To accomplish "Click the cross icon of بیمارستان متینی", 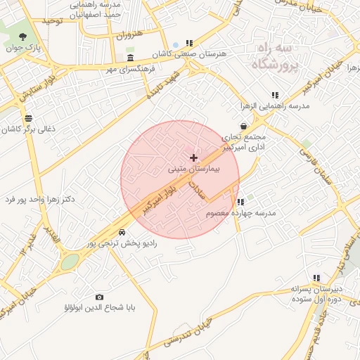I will [x=194, y=157].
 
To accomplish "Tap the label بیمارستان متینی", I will [x=194, y=169].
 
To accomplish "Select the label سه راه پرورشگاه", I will [x=274, y=57].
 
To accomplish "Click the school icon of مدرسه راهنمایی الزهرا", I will [x=275, y=95].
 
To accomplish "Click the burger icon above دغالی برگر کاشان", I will [x=27, y=119].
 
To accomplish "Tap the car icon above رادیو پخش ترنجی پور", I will [x=122, y=231].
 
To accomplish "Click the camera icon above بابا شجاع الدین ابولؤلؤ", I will [x=99, y=297].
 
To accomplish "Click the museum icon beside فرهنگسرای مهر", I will [x=131, y=58].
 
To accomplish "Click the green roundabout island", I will [x=70, y=262].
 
